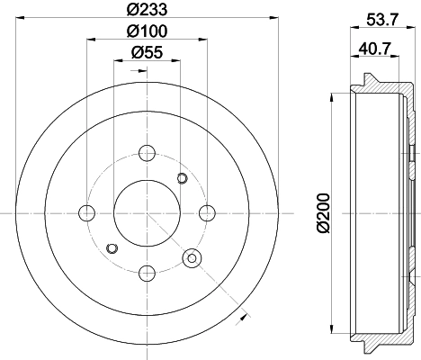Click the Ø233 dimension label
tap(147, 10)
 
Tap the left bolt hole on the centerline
tap(87, 212)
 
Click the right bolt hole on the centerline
tap(207, 212)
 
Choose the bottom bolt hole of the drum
tap(147, 270)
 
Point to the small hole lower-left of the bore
tap(112, 247)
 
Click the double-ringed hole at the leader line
tap(191, 258)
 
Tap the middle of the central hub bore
tap(147, 212)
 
